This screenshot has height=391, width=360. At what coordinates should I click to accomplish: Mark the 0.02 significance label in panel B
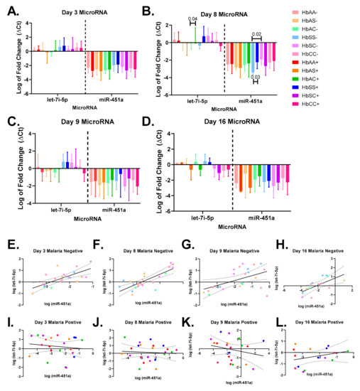coord(256,33)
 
